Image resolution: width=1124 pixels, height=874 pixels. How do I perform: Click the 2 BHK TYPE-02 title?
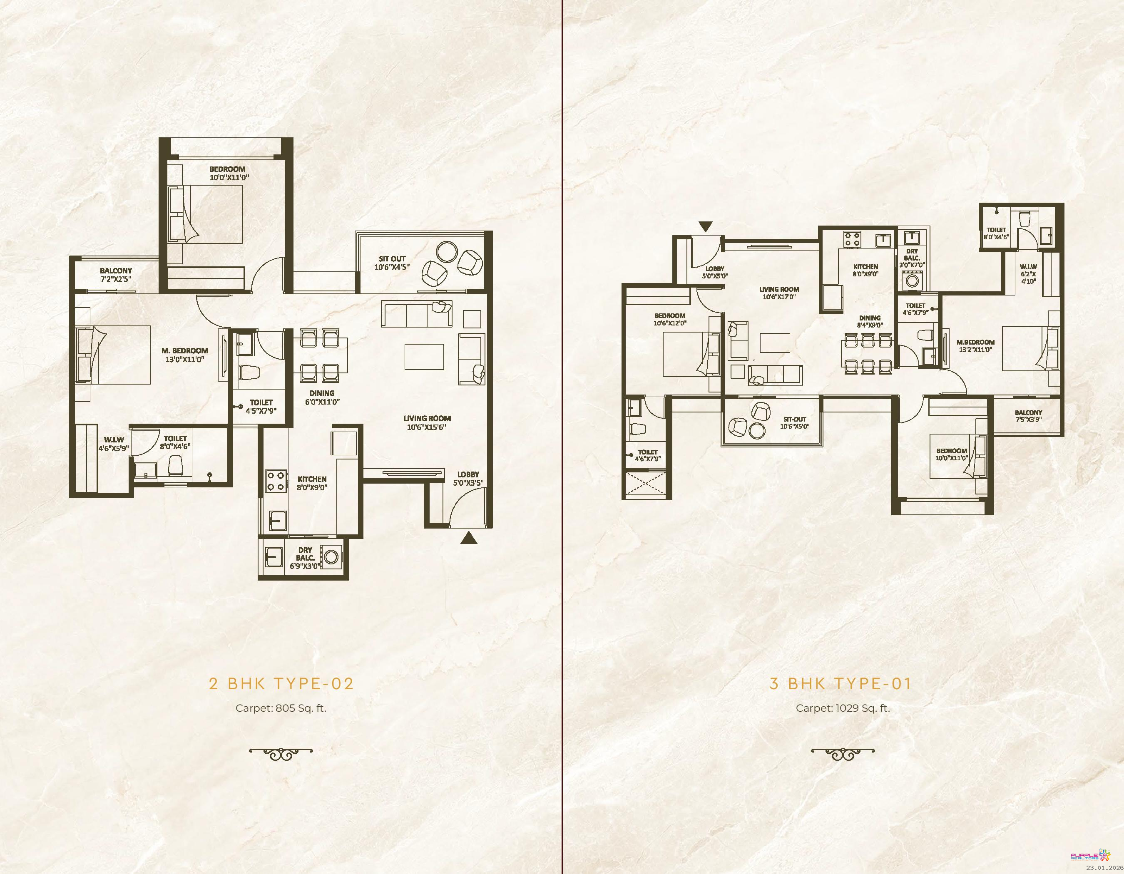[x=281, y=684]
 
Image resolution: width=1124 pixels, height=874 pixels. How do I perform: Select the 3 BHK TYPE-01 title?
[x=841, y=684]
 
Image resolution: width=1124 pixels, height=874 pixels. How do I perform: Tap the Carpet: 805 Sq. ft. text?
[x=281, y=708]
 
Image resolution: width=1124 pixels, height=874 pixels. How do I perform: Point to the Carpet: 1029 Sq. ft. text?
[x=843, y=708]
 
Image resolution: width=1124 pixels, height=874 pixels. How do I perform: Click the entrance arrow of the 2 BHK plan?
[x=468, y=538]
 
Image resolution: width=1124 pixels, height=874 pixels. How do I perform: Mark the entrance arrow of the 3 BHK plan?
[x=706, y=226]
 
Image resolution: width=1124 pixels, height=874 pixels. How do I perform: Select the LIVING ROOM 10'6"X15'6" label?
[x=427, y=423]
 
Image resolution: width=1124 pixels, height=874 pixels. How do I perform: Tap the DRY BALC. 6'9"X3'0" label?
[x=305, y=558]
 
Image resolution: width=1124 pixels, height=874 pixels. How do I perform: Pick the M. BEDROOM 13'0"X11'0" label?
[x=185, y=355]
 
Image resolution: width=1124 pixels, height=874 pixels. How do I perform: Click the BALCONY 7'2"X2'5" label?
[x=116, y=275]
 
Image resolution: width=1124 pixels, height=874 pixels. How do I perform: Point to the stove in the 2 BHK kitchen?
[x=275, y=482]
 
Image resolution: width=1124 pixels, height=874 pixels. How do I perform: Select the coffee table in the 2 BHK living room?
[x=424, y=357]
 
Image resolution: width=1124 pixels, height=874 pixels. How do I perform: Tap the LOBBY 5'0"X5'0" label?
[x=715, y=272]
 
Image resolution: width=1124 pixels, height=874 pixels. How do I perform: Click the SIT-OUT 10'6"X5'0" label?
[x=795, y=423]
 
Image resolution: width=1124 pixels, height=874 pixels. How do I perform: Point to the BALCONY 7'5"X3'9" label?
[x=1028, y=416]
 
